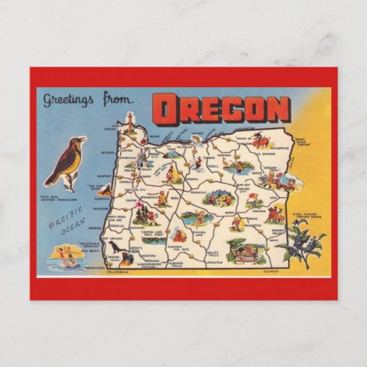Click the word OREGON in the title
pos(221,109)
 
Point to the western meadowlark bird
pos(66,163)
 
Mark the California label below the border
pos(122,272)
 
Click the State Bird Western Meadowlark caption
pos(58,198)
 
